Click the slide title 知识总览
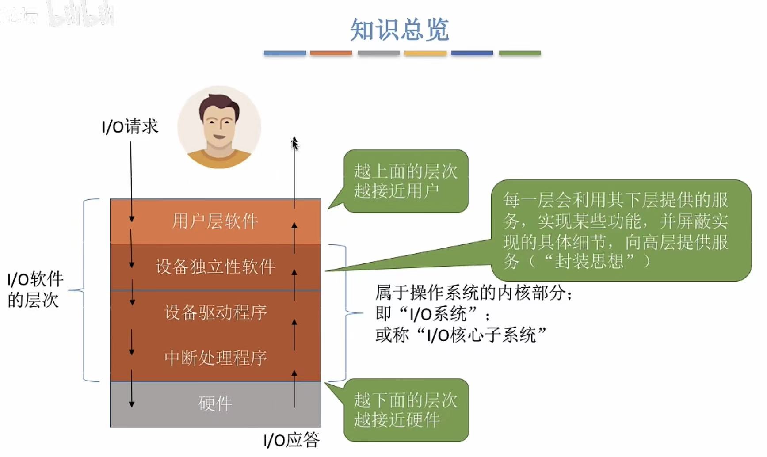point(399,30)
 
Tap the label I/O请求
point(130,127)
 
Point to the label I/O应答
point(291,440)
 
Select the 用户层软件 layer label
point(215,221)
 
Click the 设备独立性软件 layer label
point(215,267)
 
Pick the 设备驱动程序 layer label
point(215,312)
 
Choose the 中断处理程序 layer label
point(215,358)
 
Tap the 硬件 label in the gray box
point(215,404)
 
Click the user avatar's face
point(219,122)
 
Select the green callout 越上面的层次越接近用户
point(405,181)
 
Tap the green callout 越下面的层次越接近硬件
point(405,410)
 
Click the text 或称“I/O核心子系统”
point(461,335)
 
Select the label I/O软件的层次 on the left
point(35,290)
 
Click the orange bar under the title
point(331,53)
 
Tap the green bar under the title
point(519,53)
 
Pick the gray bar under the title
point(378,53)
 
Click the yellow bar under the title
point(425,53)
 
